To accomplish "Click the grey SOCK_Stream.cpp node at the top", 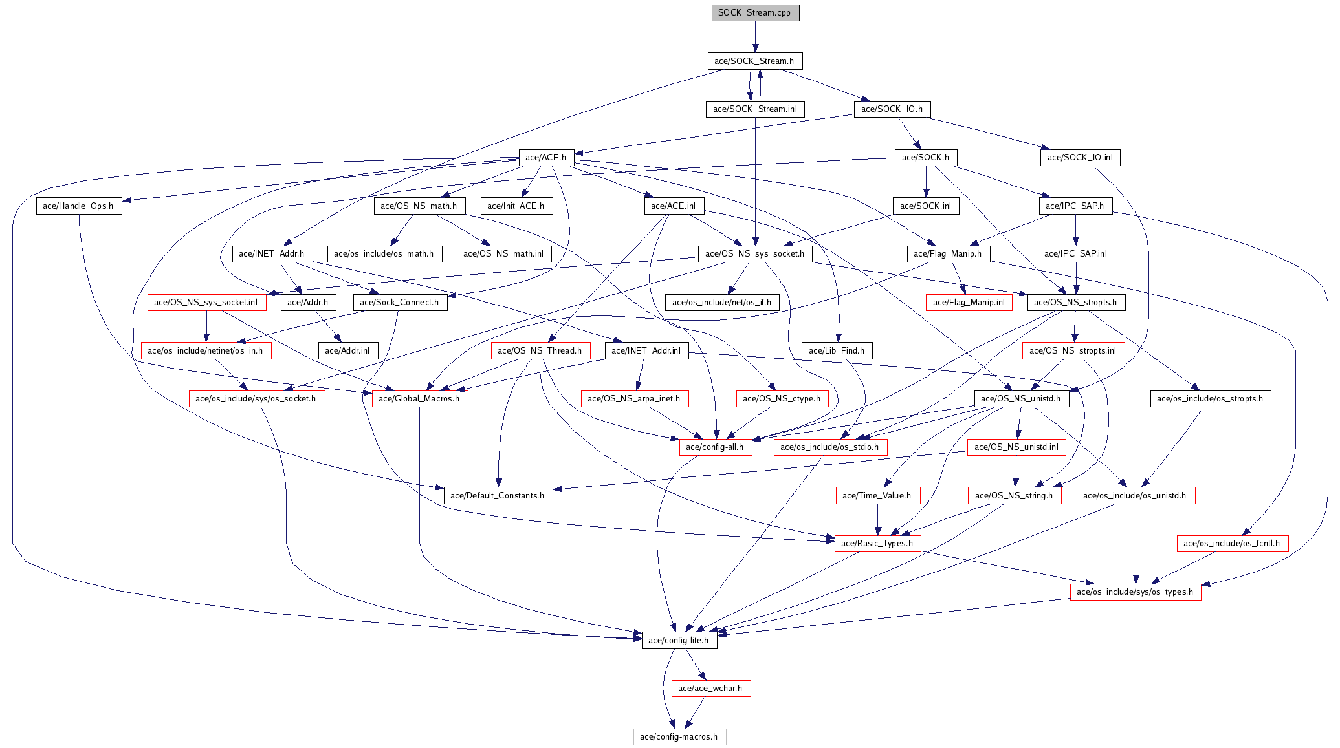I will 755,13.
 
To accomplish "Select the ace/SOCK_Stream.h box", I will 754,61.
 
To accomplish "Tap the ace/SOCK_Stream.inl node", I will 755,109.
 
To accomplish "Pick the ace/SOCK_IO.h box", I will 892,109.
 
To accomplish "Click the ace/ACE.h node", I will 545,158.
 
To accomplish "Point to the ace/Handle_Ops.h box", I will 78,206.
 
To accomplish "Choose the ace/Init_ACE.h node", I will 516,206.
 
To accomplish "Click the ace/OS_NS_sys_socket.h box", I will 754,254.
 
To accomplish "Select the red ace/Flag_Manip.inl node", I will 969,303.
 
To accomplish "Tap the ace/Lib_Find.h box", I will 837,351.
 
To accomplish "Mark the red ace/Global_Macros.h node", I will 419,399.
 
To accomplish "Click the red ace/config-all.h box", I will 715,447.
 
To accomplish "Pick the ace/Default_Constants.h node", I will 498,496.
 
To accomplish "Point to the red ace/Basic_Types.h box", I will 877,544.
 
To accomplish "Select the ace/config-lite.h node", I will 679,641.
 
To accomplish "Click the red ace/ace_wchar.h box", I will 710,689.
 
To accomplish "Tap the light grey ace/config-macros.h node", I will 679,737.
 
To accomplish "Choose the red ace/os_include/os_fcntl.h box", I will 1232,544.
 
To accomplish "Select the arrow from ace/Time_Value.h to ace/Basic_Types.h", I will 877,520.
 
